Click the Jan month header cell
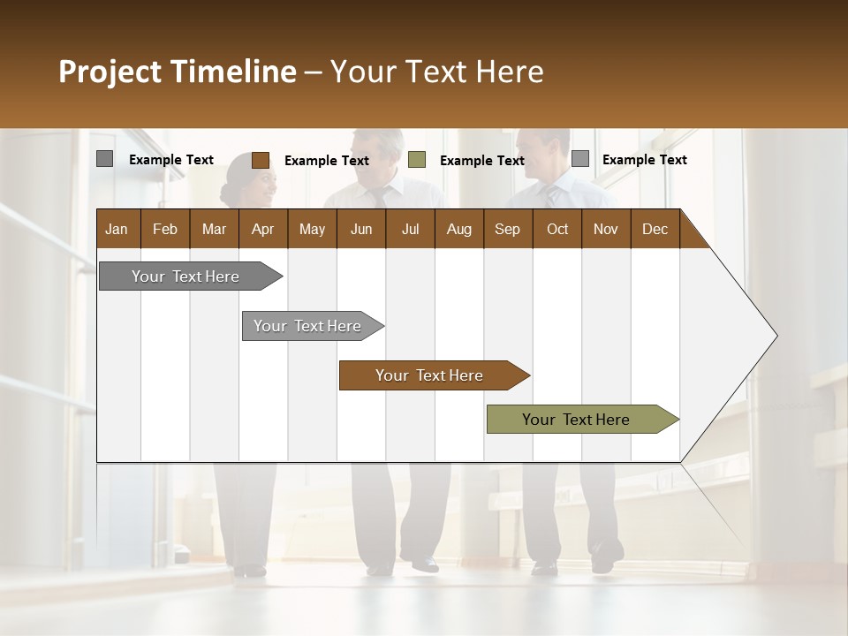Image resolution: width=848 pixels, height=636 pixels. pos(117,230)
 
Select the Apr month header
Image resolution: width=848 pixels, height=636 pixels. pos(263,230)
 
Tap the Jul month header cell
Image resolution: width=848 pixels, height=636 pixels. pos(410,230)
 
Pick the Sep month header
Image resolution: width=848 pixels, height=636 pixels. pos(508,230)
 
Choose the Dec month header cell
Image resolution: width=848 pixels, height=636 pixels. pos(655,230)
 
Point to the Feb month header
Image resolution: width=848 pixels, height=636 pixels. pos(165,230)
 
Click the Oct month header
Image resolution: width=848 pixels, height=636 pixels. pos(557,230)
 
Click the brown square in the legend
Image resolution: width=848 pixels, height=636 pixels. pos(261,160)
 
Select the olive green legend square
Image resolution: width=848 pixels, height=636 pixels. pos(417,160)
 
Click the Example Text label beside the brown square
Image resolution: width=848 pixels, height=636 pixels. pos(327,161)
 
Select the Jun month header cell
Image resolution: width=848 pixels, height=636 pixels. pos(361,230)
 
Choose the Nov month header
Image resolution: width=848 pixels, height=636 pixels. pos(606,230)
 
